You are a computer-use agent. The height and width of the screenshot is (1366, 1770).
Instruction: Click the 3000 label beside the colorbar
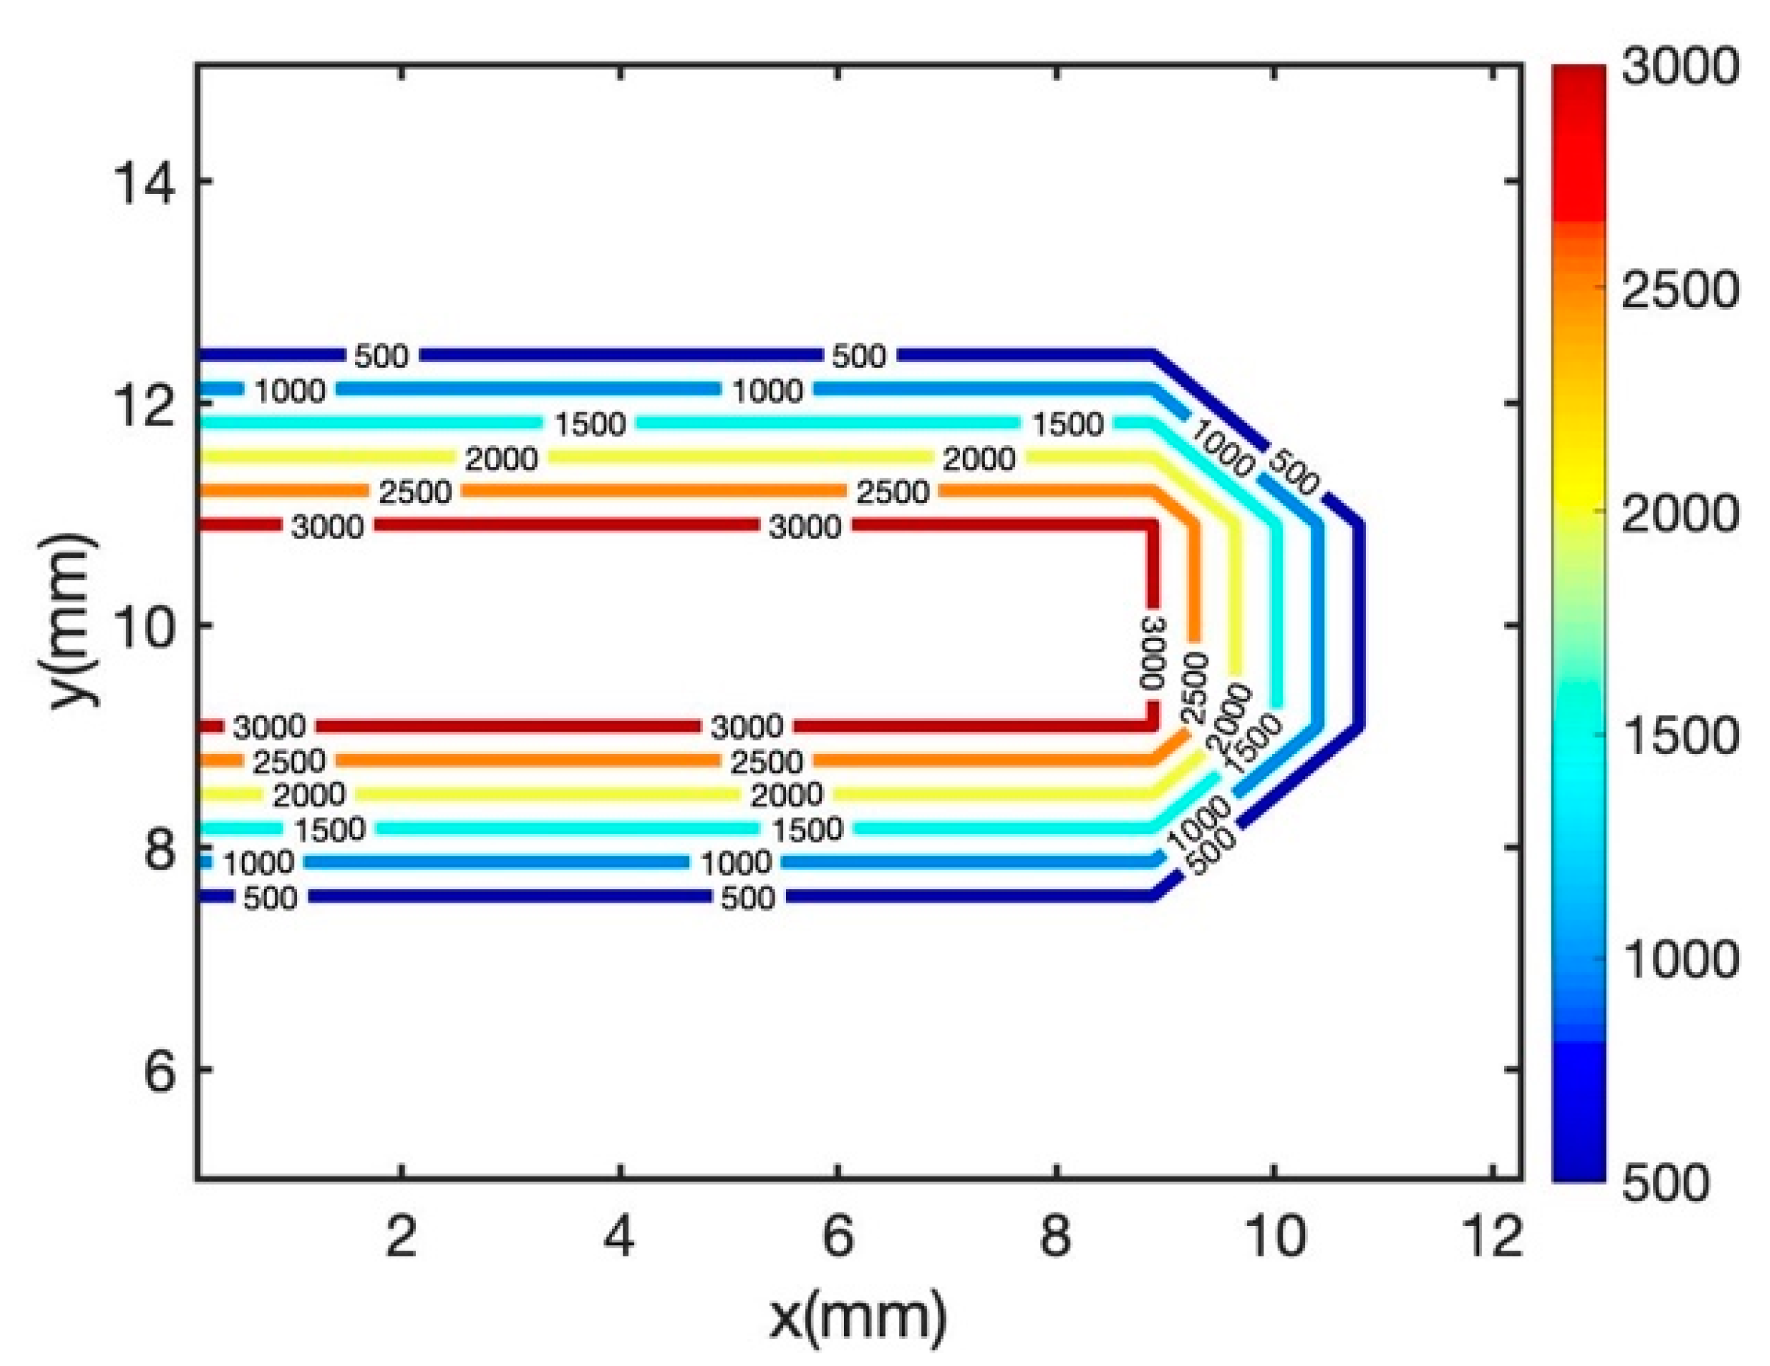pyautogui.click(x=1679, y=66)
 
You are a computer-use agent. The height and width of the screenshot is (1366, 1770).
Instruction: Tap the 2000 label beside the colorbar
pyautogui.click(x=1679, y=512)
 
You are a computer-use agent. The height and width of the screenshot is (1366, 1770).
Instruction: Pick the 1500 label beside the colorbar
pyautogui.click(x=1679, y=735)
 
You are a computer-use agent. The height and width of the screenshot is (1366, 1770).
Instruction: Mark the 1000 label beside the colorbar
pyautogui.click(x=1679, y=959)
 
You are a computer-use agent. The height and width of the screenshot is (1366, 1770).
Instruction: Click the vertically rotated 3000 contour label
pyautogui.click(x=1152, y=652)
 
